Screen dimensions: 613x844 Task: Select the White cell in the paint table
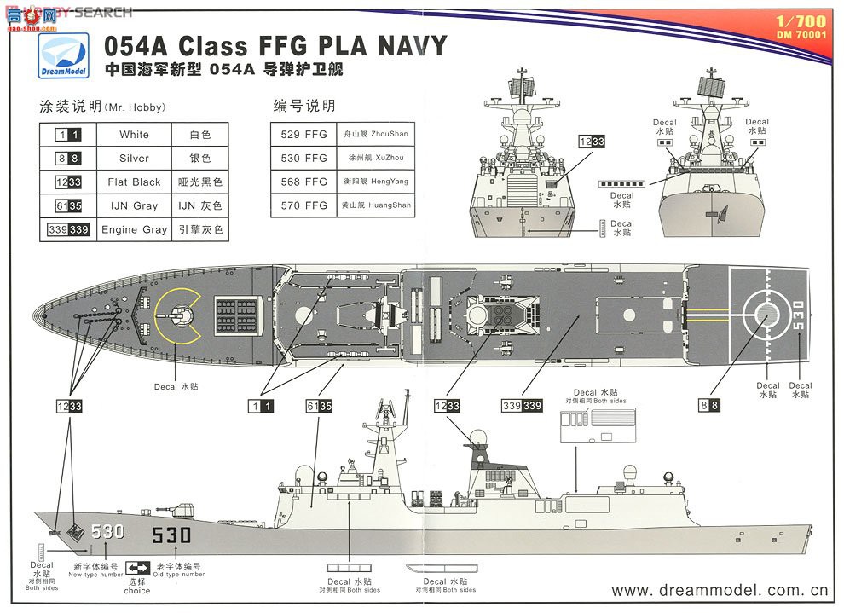click(134, 135)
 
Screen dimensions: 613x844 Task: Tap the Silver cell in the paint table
click(134, 159)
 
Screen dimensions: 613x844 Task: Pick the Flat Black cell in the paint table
click(134, 182)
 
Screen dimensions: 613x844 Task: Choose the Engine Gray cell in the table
click(134, 229)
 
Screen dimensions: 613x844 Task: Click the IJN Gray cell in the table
click(134, 206)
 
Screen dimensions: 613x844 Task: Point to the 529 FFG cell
click(304, 135)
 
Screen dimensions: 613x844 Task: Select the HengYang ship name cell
click(376, 182)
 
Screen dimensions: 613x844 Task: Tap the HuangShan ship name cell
click(376, 205)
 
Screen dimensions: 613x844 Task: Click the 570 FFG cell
click(304, 205)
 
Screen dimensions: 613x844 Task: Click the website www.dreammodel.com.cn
click(720, 590)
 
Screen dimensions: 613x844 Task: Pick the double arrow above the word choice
click(137, 568)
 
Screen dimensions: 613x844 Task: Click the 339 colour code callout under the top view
click(522, 407)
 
